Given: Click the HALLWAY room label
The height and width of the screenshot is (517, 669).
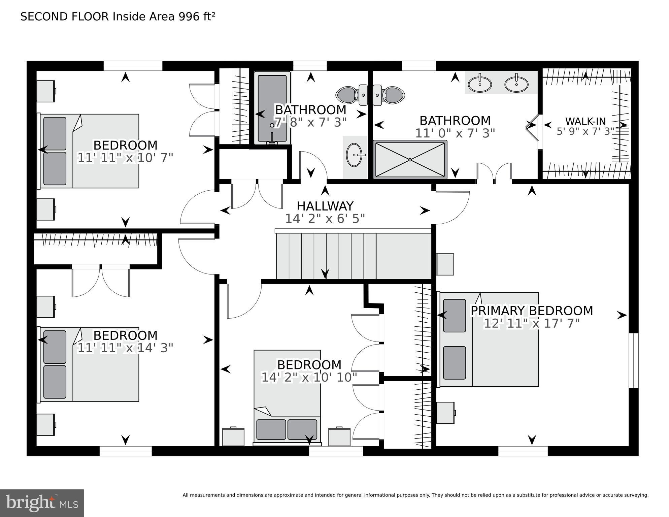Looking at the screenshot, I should click(325, 206).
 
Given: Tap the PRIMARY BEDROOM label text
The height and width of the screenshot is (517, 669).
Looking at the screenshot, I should click(531, 311).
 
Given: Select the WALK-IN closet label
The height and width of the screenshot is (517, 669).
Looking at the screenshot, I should click(585, 121).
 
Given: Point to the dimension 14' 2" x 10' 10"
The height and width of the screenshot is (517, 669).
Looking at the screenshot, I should click(309, 377).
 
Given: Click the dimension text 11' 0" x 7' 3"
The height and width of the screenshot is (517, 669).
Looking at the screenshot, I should click(455, 133).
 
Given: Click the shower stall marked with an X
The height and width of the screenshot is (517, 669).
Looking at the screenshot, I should click(410, 159).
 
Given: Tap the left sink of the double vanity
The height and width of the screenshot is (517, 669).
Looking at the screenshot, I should click(480, 84).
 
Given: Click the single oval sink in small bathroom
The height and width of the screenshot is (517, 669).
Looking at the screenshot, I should click(355, 155).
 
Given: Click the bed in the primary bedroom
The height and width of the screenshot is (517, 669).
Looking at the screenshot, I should click(488, 339).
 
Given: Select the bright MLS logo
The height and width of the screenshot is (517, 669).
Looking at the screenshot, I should click(42, 503).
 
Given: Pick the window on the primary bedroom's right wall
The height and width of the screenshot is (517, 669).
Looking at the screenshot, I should click(633, 360).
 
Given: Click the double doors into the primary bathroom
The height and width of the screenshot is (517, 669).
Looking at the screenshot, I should click(494, 173).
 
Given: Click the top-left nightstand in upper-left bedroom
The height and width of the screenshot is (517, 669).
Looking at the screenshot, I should click(46, 91).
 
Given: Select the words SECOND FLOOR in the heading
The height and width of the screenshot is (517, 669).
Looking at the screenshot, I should click(65, 17).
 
